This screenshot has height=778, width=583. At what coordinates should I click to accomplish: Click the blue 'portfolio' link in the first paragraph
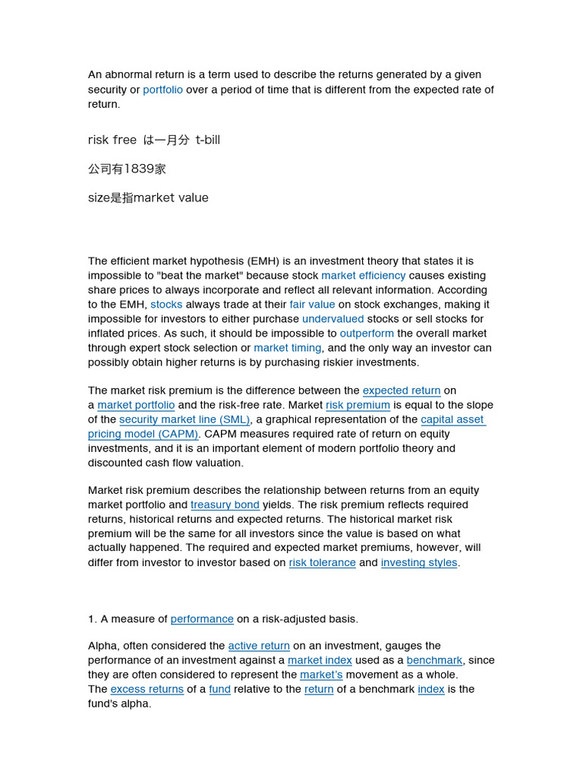[x=162, y=90]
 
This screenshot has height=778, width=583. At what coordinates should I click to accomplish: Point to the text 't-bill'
[x=207, y=140]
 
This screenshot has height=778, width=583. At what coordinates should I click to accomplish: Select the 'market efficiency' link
[x=363, y=275]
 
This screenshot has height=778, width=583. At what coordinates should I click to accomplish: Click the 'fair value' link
[x=312, y=304]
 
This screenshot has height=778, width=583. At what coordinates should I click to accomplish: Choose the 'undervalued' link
[x=332, y=318]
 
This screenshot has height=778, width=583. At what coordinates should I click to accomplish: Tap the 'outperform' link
[x=367, y=333]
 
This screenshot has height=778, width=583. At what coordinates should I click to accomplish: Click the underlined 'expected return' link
[x=402, y=391]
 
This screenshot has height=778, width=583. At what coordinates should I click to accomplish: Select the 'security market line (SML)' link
[x=184, y=419]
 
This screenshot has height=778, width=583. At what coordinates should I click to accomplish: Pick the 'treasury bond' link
[x=225, y=504]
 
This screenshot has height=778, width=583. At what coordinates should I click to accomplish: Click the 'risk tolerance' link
[x=322, y=562]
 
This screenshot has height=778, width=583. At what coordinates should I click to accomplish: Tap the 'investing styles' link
[x=419, y=562]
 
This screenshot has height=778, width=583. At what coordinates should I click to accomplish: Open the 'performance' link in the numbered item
[x=202, y=618]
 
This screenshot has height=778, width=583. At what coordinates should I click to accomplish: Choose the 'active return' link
[x=259, y=646]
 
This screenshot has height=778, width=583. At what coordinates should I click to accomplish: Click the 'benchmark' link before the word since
[x=434, y=660]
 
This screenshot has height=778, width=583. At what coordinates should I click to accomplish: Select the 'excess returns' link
[x=147, y=689]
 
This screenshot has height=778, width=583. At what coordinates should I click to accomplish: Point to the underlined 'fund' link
[x=219, y=689]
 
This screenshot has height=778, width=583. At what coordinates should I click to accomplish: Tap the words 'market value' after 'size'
[x=171, y=198]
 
